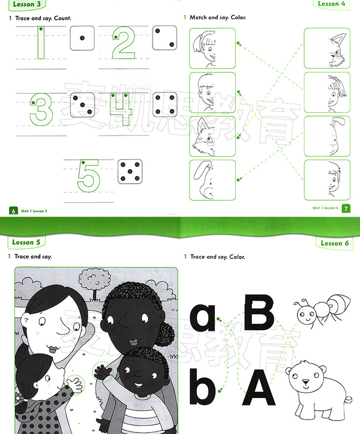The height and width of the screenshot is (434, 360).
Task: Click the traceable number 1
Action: [x=41, y=42]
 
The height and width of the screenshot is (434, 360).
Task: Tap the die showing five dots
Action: [x=130, y=171]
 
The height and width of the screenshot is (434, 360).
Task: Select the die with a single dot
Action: [x=82, y=38]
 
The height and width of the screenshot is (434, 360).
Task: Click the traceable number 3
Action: [x=41, y=109]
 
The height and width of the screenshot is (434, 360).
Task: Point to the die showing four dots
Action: [x=165, y=104]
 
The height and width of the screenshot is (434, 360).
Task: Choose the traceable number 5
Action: [x=88, y=176]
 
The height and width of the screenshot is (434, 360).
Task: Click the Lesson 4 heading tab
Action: [x=331, y=4]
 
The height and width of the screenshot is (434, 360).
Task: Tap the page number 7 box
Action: [x=346, y=208]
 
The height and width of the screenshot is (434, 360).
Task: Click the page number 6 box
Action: [x=13, y=211]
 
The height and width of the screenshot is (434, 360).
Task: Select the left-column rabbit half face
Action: [x=212, y=180]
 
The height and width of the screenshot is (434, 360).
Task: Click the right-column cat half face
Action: [x=327, y=48]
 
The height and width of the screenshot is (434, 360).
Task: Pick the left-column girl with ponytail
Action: [x=212, y=48]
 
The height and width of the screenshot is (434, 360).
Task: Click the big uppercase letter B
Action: [x=259, y=312]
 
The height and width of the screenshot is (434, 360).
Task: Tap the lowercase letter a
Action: [x=203, y=317]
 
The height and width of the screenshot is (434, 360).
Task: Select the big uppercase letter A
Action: [x=259, y=387]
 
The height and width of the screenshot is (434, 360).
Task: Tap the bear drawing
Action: [x=319, y=390]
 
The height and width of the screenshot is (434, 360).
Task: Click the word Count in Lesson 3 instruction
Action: [x=63, y=18]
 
